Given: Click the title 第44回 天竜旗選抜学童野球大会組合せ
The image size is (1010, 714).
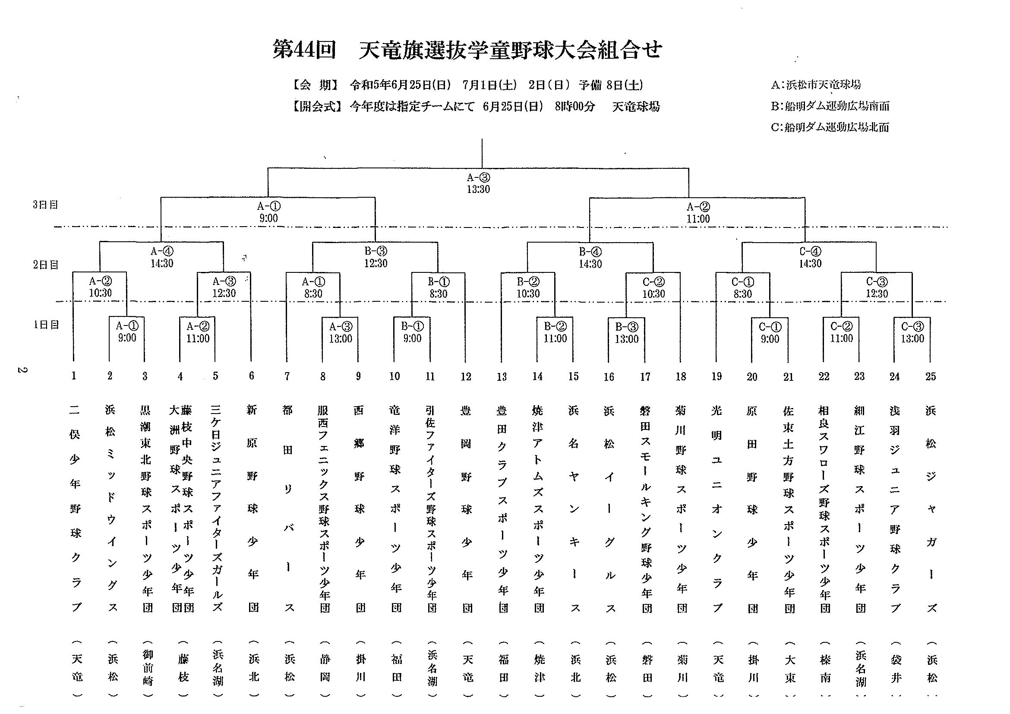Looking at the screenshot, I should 467,50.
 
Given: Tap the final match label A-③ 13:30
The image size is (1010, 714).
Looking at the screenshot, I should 478,183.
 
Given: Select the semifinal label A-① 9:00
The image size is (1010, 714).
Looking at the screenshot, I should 268,212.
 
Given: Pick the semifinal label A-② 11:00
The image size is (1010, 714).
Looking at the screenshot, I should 698,212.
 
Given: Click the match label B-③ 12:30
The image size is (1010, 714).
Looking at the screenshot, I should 376,257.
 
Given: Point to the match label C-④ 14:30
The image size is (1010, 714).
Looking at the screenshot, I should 810,257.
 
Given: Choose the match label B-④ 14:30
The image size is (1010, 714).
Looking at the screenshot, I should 590,258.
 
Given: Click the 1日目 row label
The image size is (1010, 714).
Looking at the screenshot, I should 46,325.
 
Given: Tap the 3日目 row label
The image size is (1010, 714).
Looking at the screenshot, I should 45,205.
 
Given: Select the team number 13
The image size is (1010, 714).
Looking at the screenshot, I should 502,376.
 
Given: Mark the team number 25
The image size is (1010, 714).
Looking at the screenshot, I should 931,376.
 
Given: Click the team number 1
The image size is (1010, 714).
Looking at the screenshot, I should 74,376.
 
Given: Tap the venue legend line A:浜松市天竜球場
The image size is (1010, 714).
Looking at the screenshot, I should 816,85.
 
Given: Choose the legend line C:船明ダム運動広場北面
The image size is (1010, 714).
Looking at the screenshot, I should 830,127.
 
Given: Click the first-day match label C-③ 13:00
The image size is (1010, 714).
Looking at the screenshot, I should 912,332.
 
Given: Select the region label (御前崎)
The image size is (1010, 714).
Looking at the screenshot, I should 148,669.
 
